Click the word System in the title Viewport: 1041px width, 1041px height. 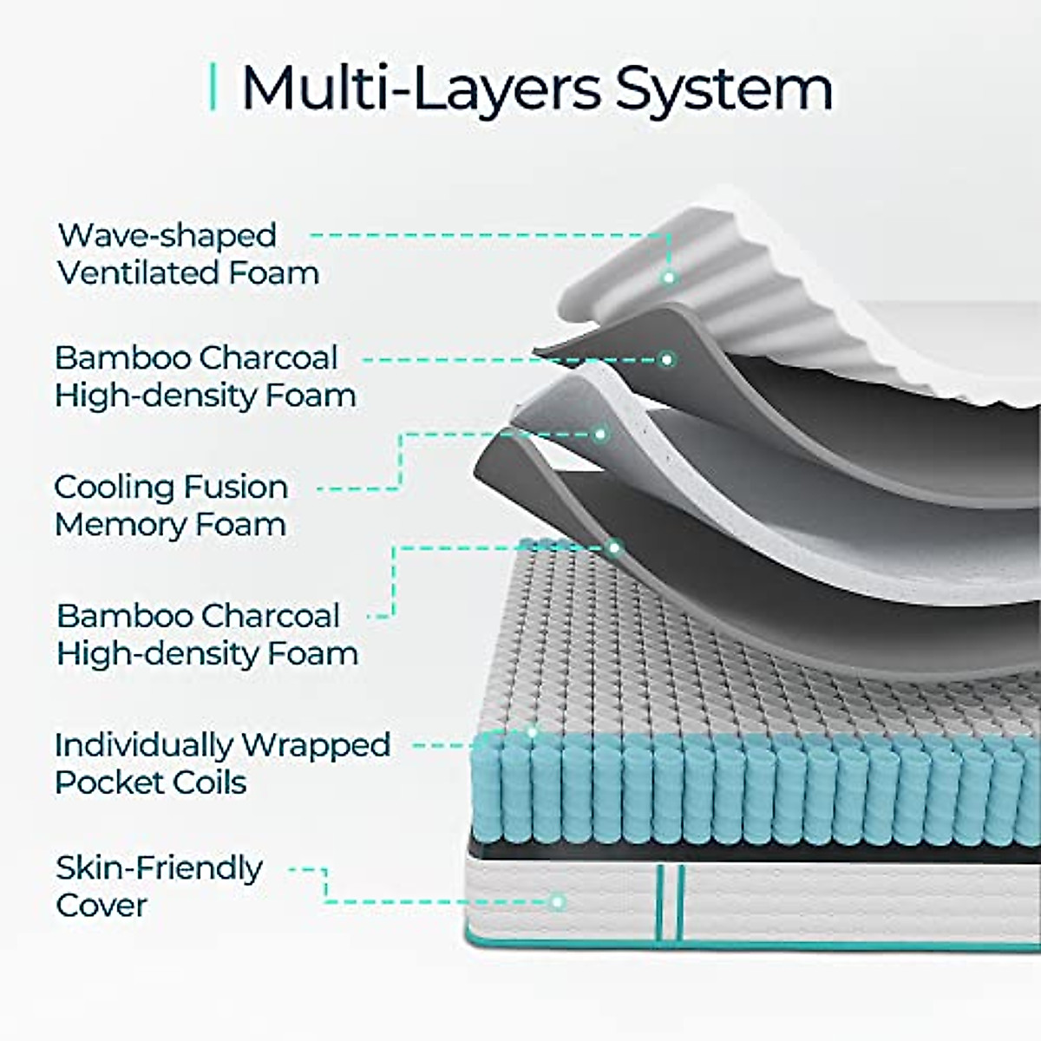(724, 88)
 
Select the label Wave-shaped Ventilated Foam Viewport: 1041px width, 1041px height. (187, 254)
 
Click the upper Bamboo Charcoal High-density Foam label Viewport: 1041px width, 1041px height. (205, 376)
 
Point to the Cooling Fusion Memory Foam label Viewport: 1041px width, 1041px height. (170, 506)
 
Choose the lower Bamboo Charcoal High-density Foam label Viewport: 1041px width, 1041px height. (206, 634)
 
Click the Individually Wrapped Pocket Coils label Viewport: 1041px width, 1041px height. (222, 763)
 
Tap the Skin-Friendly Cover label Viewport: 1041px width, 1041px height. (159, 886)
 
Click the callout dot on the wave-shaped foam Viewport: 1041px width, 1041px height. (669, 278)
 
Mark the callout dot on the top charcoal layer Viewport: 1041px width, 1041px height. (667, 358)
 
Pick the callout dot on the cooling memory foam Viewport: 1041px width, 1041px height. (600, 433)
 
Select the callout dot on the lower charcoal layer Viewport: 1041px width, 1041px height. (613, 547)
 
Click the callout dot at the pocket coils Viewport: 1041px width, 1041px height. (532, 731)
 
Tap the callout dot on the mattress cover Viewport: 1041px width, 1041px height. (559, 902)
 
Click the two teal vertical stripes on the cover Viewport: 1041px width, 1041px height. (670, 902)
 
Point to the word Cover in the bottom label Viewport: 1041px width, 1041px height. (101, 905)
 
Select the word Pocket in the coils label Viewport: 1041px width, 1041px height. (107, 782)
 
